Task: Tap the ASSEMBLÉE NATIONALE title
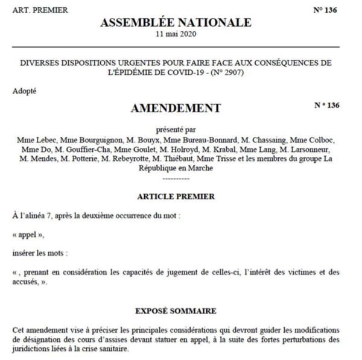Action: tap(175, 23)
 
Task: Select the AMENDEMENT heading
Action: tap(176, 109)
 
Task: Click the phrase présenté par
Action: tap(176, 128)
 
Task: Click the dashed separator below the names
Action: tap(176, 178)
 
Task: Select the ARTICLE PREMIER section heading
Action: tap(176, 197)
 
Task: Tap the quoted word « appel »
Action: tap(28, 235)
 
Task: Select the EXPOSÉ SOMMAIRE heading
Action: tap(176, 311)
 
